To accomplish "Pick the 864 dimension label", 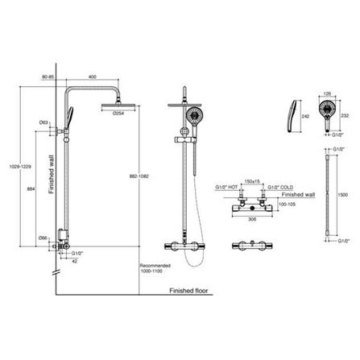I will pyautogui.click(x=31, y=187).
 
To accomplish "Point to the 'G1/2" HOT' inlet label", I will pyautogui.click(x=226, y=188).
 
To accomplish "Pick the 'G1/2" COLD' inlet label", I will pyautogui.click(x=276, y=188).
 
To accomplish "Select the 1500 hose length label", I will pyautogui.click(x=343, y=194).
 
